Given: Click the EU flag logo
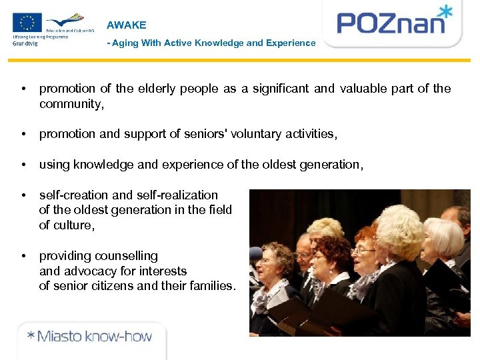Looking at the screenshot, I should tap(27, 23).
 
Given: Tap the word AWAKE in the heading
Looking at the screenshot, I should tap(126, 25).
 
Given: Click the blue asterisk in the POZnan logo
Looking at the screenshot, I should tap(445, 11).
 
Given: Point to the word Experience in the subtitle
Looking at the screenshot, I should tap(291, 43).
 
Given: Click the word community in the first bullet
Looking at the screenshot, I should tap(70, 104).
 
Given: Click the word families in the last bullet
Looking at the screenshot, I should tap(209, 287).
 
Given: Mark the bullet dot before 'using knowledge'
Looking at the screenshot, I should tap(23, 165).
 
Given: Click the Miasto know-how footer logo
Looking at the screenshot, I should tap(89, 336).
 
